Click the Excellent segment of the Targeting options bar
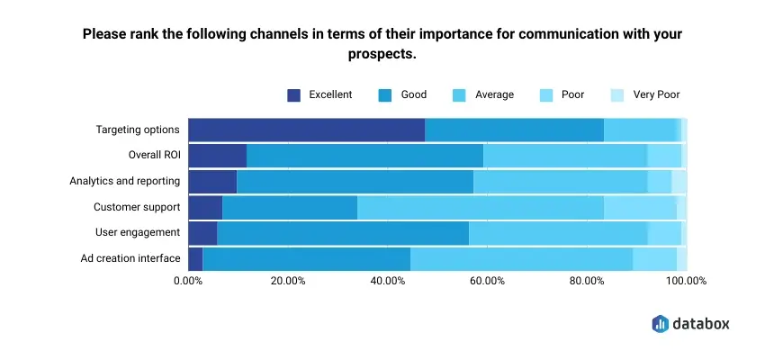[x=306, y=130]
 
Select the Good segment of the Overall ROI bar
[x=364, y=156]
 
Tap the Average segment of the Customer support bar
[x=480, y=208]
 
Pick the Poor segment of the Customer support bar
[x=640, y=208]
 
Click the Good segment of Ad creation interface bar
[x=306, y=259]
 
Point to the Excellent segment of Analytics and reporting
[x=212, y=182]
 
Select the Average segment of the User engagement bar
[x=558, y=233]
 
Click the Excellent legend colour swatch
[x=293, y=94]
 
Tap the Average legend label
[x=495, y=94]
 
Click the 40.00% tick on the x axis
[x=387, y=281]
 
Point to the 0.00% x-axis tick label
[x=187, y=281]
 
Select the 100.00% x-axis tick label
[x=686, y=281]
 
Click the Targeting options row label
[x=138, y=130]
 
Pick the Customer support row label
[x=137, y=208]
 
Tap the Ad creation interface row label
[x=131, y=259]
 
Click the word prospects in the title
[x=382, y=54]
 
